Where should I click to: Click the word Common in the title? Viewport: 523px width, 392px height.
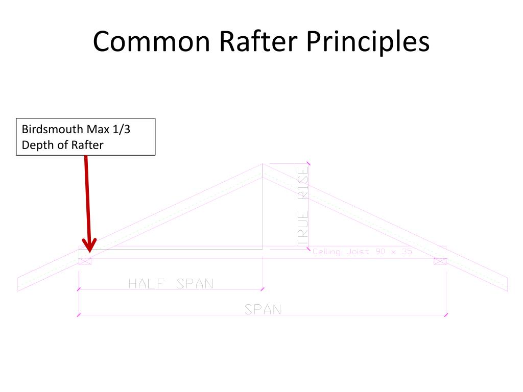(152, 42)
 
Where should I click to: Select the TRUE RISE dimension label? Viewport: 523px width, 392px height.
(303, 207)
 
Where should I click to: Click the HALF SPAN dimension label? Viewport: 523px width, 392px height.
(171, 283)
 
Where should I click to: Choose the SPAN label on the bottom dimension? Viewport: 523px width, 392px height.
(263, 309)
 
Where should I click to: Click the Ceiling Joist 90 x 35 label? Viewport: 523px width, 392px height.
(362, 252)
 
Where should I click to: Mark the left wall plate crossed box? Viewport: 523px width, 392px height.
(85, 261)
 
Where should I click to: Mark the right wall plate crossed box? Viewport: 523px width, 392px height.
(440, 261)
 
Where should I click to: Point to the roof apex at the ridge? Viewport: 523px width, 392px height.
(263, 165)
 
